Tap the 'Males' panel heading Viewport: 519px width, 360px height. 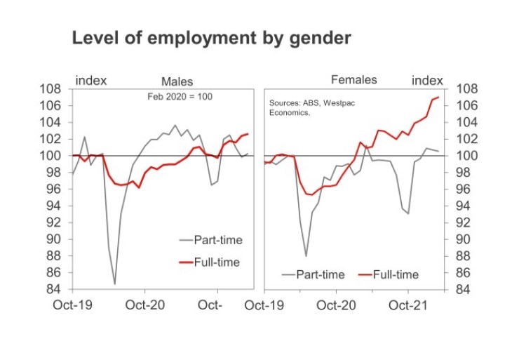177,82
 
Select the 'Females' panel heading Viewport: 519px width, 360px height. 353,79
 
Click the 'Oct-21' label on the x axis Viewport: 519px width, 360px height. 409,305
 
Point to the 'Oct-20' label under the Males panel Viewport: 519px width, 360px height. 145,305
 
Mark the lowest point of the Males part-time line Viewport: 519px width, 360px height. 114,284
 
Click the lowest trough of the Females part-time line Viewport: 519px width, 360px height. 306,255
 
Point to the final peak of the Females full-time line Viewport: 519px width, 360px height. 438,97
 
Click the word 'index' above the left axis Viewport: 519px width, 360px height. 91,80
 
